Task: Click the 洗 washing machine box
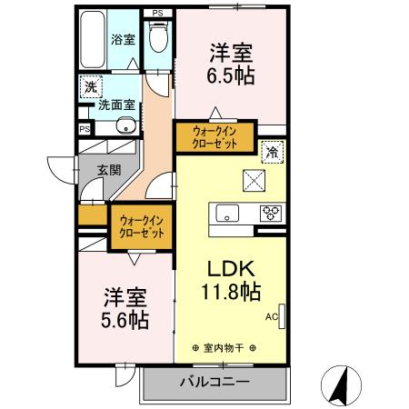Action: (x=91, y=87)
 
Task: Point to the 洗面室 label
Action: (x=117, y=105)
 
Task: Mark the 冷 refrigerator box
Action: (x=271, y=152)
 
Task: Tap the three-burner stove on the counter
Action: (x=270, y=214)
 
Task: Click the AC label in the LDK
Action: (x=271, y=317)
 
